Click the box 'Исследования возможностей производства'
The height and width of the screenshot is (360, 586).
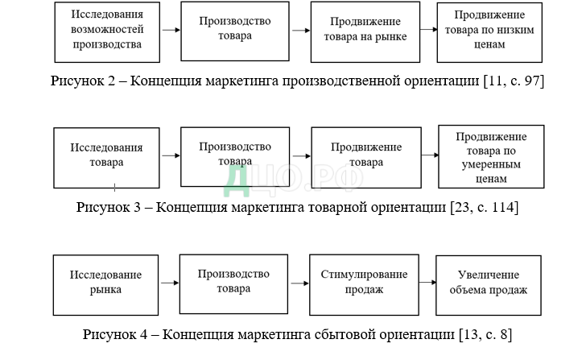(106, 31)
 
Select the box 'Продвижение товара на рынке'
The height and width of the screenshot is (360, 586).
(365, 31)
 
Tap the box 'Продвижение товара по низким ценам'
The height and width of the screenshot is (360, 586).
(489, 31)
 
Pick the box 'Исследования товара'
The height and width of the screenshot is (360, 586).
(107, 156)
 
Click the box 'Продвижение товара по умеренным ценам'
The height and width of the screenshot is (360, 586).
(490, 155)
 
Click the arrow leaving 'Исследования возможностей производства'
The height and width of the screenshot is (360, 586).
(170, 31)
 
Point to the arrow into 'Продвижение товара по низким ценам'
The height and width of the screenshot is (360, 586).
(427, 31)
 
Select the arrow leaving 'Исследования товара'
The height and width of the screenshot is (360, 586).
(170, 156)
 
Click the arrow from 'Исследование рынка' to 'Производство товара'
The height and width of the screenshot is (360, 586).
(170, 283)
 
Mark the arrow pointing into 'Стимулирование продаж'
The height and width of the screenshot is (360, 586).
(299, 283)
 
